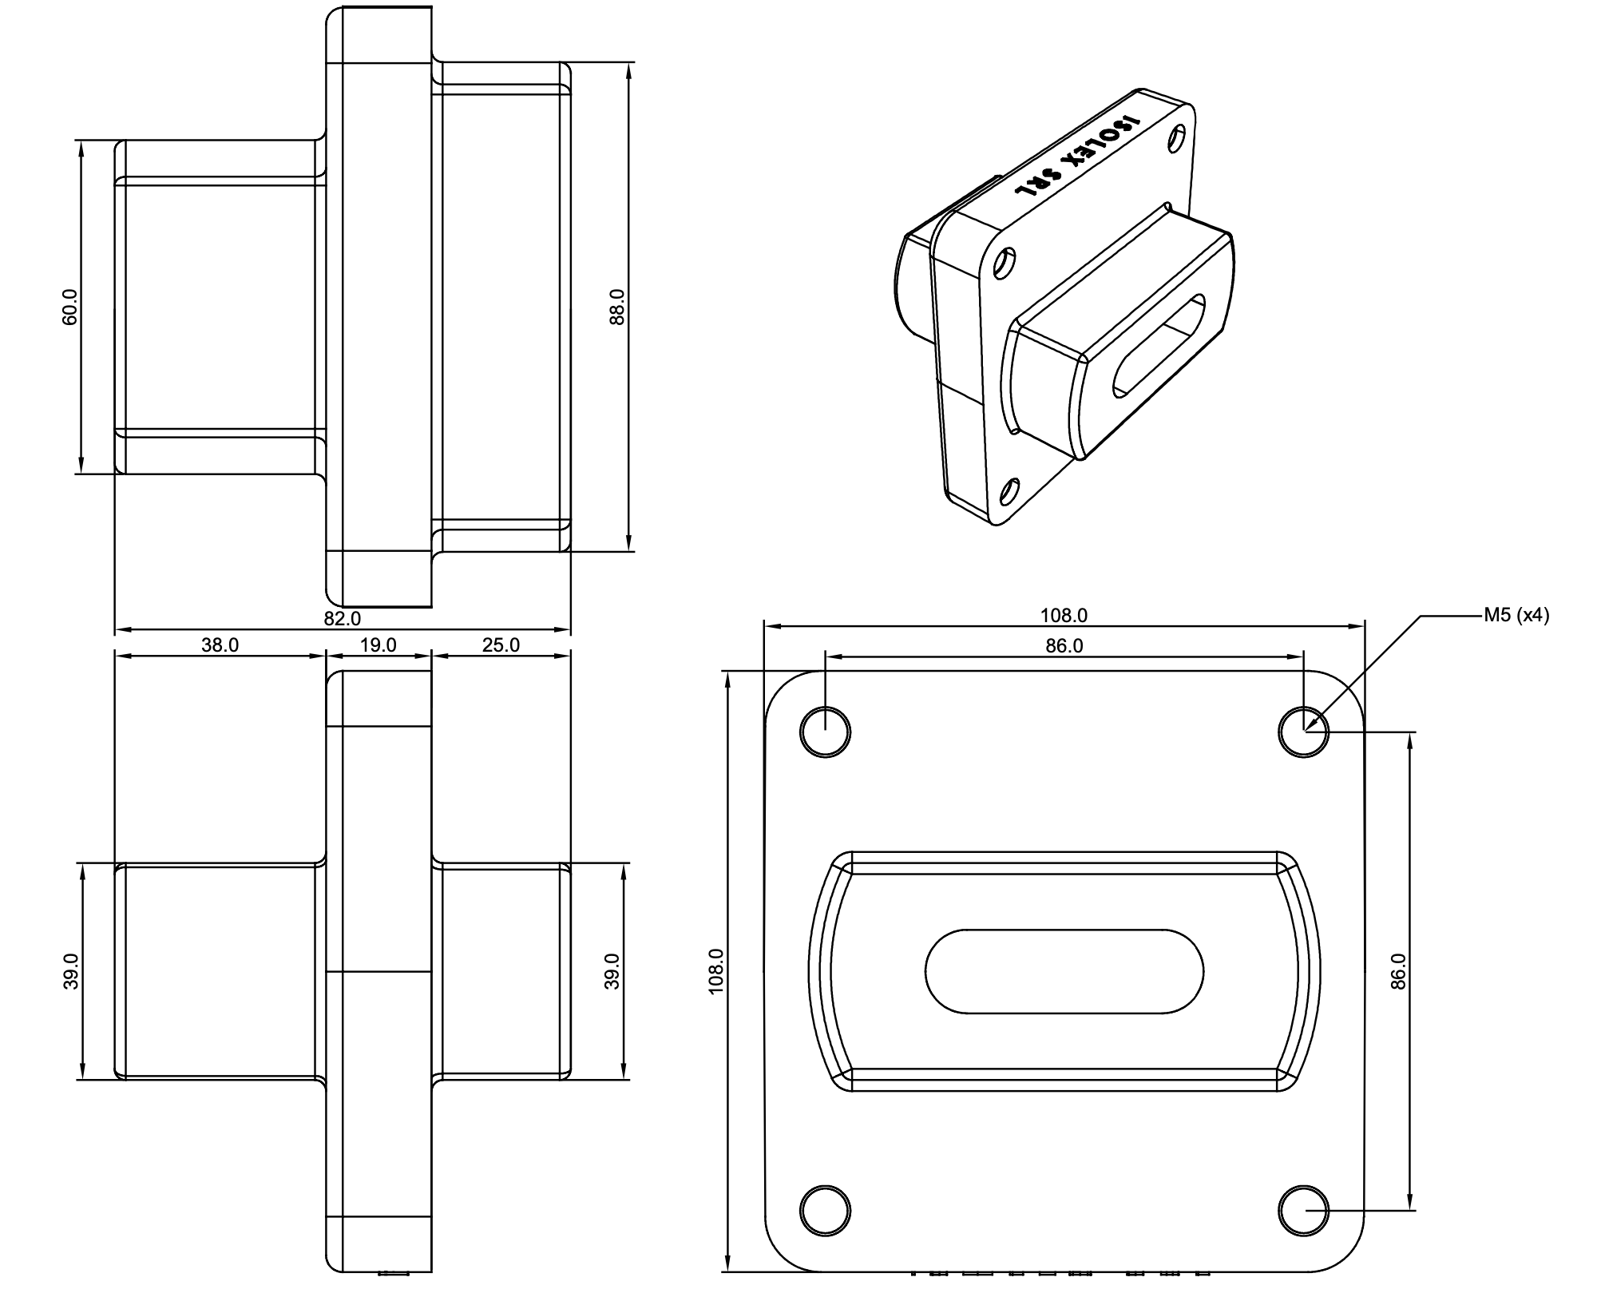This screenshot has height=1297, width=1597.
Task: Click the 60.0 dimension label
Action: (x=70, y=307)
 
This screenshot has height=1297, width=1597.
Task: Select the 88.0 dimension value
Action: (x=616, y=307)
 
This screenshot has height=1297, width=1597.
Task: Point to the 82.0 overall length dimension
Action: (x=343, y=619)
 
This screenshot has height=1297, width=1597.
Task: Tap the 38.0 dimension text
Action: (x=220, y=645)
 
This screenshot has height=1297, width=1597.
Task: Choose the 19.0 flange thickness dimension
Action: (x=378, y=645)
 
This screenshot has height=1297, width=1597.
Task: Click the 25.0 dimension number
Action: (x=501, y=645)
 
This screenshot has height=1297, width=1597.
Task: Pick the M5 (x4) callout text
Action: (x=1516, y=616)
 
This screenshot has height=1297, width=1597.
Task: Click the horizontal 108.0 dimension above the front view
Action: (x=1064, y=616)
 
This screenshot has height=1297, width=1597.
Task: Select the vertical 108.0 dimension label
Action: (x=715, y=971)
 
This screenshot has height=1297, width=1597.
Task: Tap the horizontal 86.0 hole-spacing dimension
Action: (x=1064, y=646)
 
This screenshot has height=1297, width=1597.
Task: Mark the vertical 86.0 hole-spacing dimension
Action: (x=1397, y=971)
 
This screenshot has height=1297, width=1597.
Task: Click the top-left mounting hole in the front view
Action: (x=825, y=732)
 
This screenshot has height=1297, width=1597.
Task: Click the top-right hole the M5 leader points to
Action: (x=1303, y=732)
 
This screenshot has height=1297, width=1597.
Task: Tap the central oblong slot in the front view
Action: (x=1064, y=971)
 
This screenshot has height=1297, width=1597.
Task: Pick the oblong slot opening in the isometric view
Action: (x=1159, y=345)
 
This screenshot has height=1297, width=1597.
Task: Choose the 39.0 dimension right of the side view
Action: (x=612, y=971)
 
